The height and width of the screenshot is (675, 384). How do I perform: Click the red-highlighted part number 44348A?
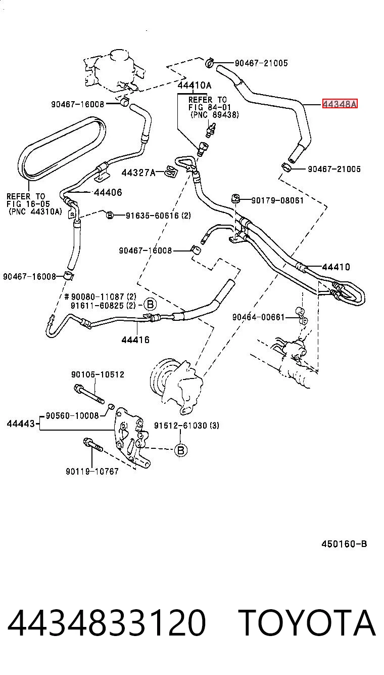coord(340,104)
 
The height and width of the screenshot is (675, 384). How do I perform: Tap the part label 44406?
coord(108,192)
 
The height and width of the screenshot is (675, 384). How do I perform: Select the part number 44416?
coord(135,340)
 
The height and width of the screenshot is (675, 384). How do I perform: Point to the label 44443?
coord(21,424)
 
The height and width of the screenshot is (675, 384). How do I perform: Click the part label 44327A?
coord(138,173)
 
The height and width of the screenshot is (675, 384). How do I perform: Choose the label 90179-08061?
coord(277,200)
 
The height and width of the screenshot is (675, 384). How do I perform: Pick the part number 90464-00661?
coord(259,317)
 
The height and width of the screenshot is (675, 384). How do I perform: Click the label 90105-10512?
coord(98,374)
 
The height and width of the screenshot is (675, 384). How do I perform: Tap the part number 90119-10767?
coord(92,471)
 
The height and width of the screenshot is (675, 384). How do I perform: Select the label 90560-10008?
coord(73,416)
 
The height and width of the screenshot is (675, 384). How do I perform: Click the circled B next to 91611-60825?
coord(151,304)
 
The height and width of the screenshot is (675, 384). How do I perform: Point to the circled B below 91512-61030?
coord(180,450)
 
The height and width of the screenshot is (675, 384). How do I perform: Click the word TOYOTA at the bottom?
coord(307,623)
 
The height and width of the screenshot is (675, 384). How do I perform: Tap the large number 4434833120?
coord(107,623)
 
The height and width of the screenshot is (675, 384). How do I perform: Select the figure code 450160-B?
coord(344,544)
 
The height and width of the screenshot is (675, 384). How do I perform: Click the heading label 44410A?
coord(195,86)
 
